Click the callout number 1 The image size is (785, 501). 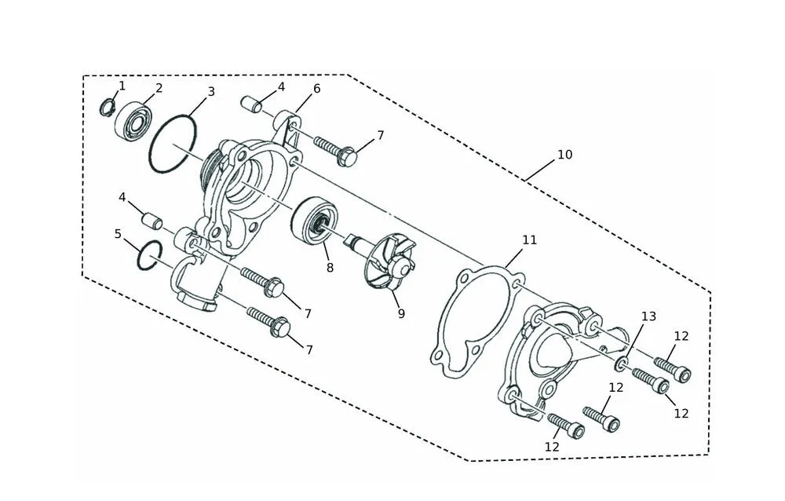coord(122,86)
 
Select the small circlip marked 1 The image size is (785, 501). coord(107,108)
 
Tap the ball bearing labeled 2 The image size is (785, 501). coord(132,121)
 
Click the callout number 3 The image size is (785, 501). coord(211,92)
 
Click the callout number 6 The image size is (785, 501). coord(316,89)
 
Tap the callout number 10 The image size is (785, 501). coord(564,155)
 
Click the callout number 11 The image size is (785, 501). coord(529,240)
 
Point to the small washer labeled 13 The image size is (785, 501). coord(621,364)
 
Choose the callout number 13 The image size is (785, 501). coord(648,316)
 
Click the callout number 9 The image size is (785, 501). coord(401,313)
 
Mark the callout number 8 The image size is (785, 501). coord(330,268)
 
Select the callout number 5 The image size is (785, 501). coord(119,234)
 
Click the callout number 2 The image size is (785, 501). coord(159,88)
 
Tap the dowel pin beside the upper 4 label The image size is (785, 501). coord(251,104)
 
